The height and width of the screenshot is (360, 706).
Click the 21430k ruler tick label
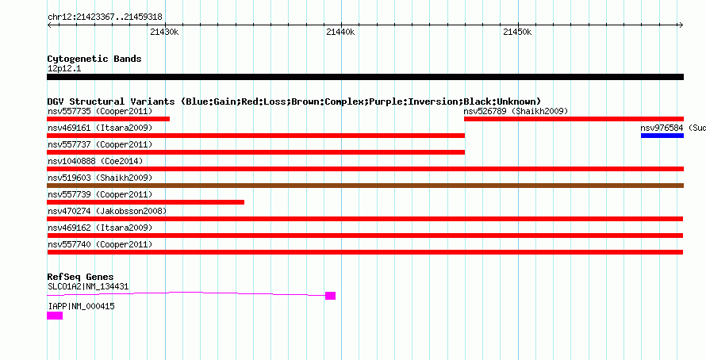pos(164,32)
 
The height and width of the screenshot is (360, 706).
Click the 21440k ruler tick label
pos(340,32)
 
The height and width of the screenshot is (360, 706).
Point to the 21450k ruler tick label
pos(517,32)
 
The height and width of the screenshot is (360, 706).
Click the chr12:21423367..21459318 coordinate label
pos(105,17)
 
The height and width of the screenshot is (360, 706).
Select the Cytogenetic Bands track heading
pos(94,59)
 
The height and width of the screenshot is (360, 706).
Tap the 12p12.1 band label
pos(64,69)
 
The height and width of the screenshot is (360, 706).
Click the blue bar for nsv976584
pos(662,136)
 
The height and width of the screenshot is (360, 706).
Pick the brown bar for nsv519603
pos(365,186)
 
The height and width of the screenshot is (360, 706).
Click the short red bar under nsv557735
pos(108,119)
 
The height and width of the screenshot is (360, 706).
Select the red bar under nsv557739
pos(145,202)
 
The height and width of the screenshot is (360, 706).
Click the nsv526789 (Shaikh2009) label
pos(516,111)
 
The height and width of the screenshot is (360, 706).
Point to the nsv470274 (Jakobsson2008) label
pos(107,211)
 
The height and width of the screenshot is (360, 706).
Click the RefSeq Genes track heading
pos(81,277)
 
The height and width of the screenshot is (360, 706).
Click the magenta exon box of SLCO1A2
pos(330,296)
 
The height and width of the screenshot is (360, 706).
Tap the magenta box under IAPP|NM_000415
pos(55,316)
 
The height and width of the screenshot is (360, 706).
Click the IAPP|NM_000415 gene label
pos(81,306)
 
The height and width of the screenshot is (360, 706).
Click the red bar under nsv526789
pos(574,119)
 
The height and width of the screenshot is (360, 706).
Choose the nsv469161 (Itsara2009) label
pos(100,128)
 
